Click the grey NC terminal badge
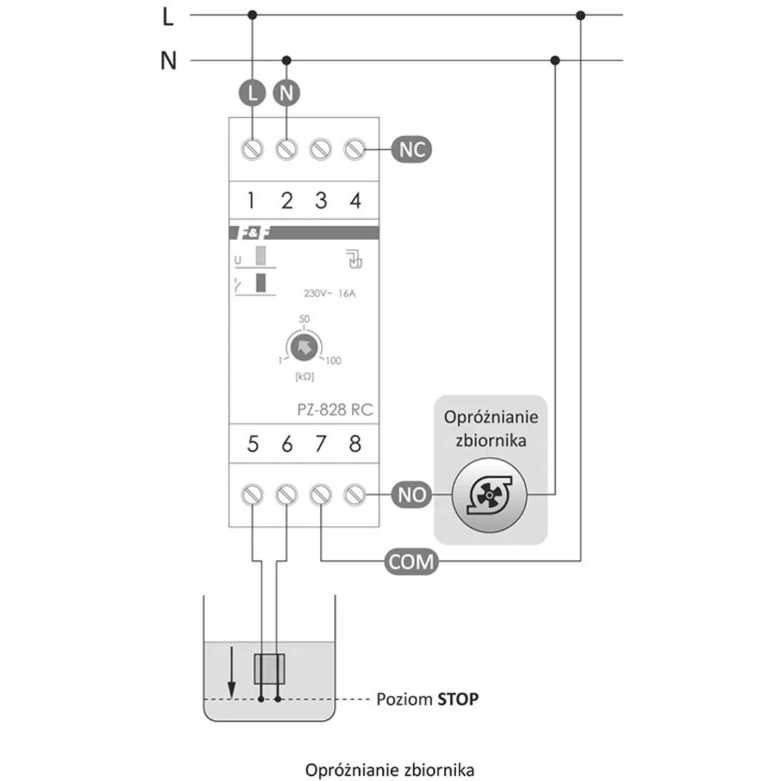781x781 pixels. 411,150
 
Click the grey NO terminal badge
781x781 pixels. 411,495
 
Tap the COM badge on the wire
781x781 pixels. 411,561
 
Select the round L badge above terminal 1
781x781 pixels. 252,92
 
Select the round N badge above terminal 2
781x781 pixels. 286,92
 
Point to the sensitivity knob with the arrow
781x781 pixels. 303,348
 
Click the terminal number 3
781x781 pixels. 320,200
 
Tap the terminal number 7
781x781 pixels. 320,444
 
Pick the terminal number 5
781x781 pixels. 253,444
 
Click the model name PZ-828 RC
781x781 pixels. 335,409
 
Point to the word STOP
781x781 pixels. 458,700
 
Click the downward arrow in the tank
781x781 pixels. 230,677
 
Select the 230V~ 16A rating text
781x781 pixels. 329,294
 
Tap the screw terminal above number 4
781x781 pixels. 354,150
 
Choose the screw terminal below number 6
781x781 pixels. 286,495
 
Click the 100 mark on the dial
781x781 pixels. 333,361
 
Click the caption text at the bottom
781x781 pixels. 389,770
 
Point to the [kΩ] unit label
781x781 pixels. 304,377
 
